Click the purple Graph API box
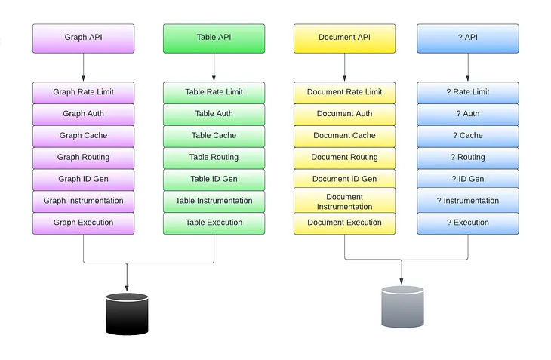83,38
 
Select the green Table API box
214,38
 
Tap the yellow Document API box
344,38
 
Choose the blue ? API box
468,38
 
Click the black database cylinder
127,313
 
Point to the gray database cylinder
402,307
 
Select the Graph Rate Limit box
83,93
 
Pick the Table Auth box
214,115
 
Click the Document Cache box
344,136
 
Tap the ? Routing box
468,158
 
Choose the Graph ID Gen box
83,180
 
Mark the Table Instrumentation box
214,202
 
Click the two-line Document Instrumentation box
344,202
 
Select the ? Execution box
468,223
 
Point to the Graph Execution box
83,223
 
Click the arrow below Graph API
83,68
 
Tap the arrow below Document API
344,68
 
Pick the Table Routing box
214,158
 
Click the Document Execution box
344,223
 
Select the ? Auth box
468,115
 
